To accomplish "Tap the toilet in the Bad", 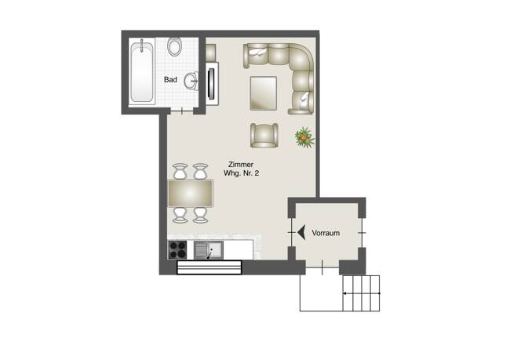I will (175, 47).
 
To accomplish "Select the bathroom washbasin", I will (191, 79).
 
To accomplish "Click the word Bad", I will (170, 80).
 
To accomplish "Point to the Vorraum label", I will (325, 233).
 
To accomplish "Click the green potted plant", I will (304, 137).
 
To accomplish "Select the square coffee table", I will (264, 94).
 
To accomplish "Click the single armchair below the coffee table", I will (264, 135).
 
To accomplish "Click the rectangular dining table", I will (190, 192).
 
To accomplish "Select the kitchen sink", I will (208, 250).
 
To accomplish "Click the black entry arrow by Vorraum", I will (302, 232).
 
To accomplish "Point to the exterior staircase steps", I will (361, 293).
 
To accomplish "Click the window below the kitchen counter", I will (209, 267).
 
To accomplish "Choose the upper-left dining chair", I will (180, 171).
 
